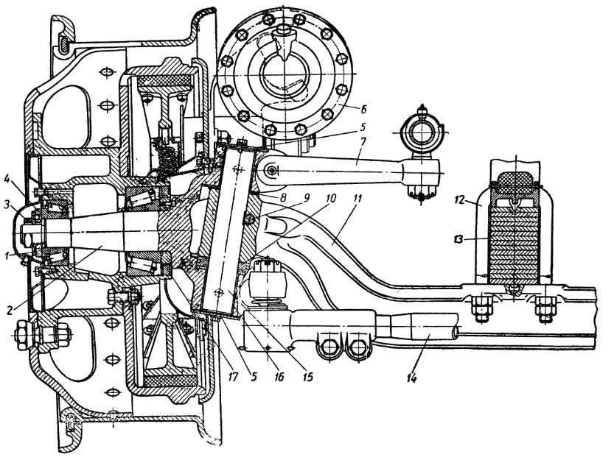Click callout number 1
pos(7,256)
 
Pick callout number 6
pos(363,110)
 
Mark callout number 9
pos(306,197)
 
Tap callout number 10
pos(330,198)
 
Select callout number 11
pos(357,198)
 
